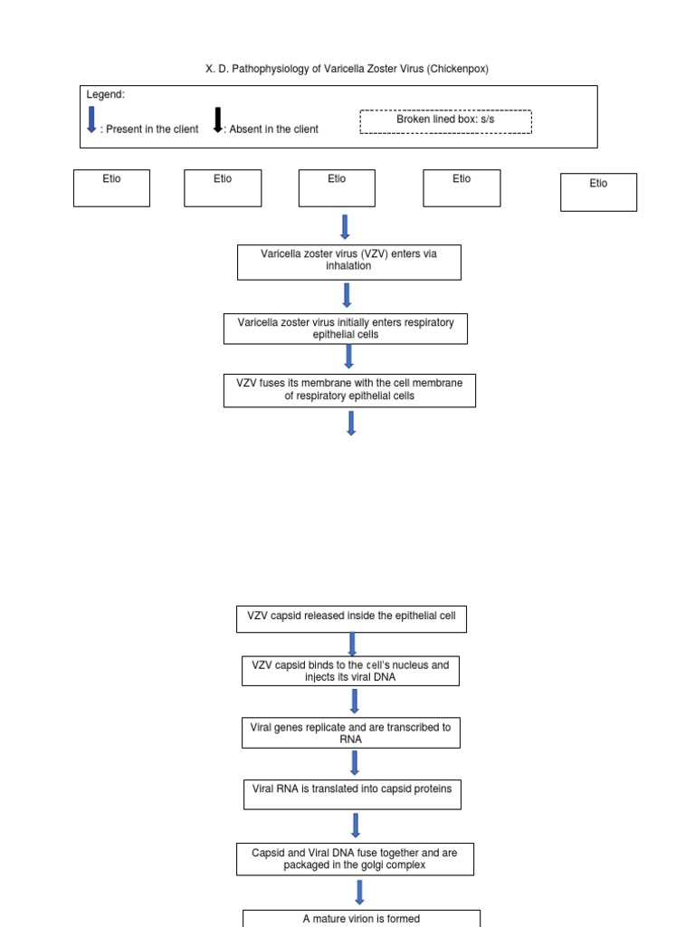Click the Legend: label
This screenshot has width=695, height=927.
click(x=106, y=95)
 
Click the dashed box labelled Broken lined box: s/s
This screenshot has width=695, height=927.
click(x=445, y=121)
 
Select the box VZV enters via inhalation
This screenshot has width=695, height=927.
click(x=348, y=262)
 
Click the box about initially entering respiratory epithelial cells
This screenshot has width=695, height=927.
click(x=345, y=329)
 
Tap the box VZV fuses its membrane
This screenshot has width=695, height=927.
click(x=348, y=390)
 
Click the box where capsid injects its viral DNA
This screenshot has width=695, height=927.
click(x=350, y=671)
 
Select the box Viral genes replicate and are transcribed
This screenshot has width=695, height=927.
click(x=350, y=732)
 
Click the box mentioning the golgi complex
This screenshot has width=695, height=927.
click(x=355, y=858)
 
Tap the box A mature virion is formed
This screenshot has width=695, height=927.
click(x=361, y=918)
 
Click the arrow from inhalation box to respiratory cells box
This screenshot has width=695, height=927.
click(x=347, y=296)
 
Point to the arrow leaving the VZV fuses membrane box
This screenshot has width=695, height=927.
click(x=351, y=423)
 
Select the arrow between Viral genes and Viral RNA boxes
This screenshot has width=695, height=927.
click(x=354, y=763)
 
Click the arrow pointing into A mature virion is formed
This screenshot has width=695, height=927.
click(x=359, y=892)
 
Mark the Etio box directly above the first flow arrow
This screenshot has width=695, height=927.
click(x=337, y=187)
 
